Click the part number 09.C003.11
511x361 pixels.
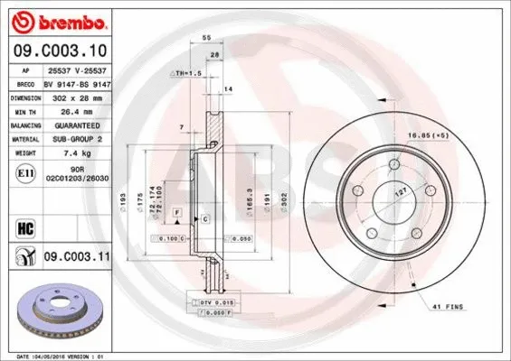pyautogui.click(x=78, y=257)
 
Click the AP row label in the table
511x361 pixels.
pyautogui.click(x=26, y=69)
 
